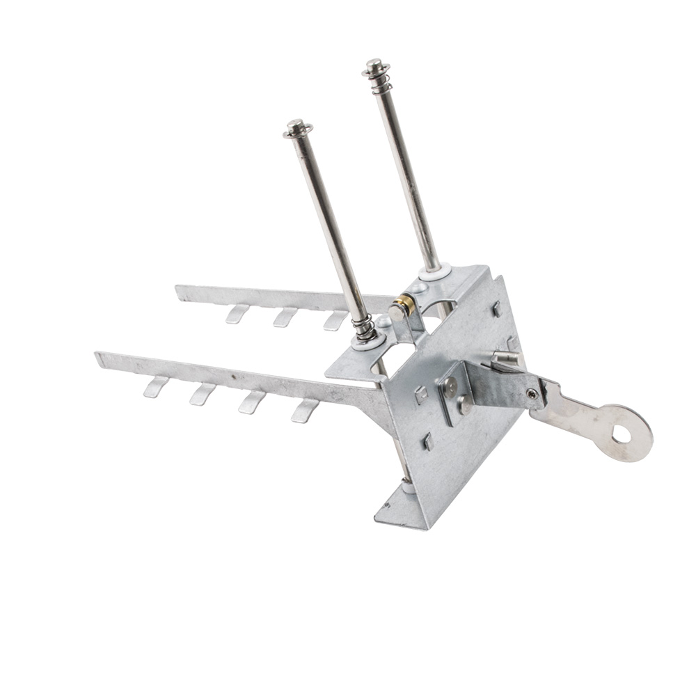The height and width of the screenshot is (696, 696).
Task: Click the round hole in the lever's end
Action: point(622,435)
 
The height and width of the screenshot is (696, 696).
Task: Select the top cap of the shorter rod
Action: point(298,128)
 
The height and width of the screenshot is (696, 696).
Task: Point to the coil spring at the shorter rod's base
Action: point(363,328)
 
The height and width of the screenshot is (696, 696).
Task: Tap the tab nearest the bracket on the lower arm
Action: point(304,411)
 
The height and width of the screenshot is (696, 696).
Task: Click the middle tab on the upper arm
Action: point(284,317)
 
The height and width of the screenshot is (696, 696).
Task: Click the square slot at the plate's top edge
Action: point(496,308)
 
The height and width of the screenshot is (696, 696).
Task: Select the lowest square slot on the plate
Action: point(429,441)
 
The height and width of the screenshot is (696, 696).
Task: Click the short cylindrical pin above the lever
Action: point(506,358)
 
